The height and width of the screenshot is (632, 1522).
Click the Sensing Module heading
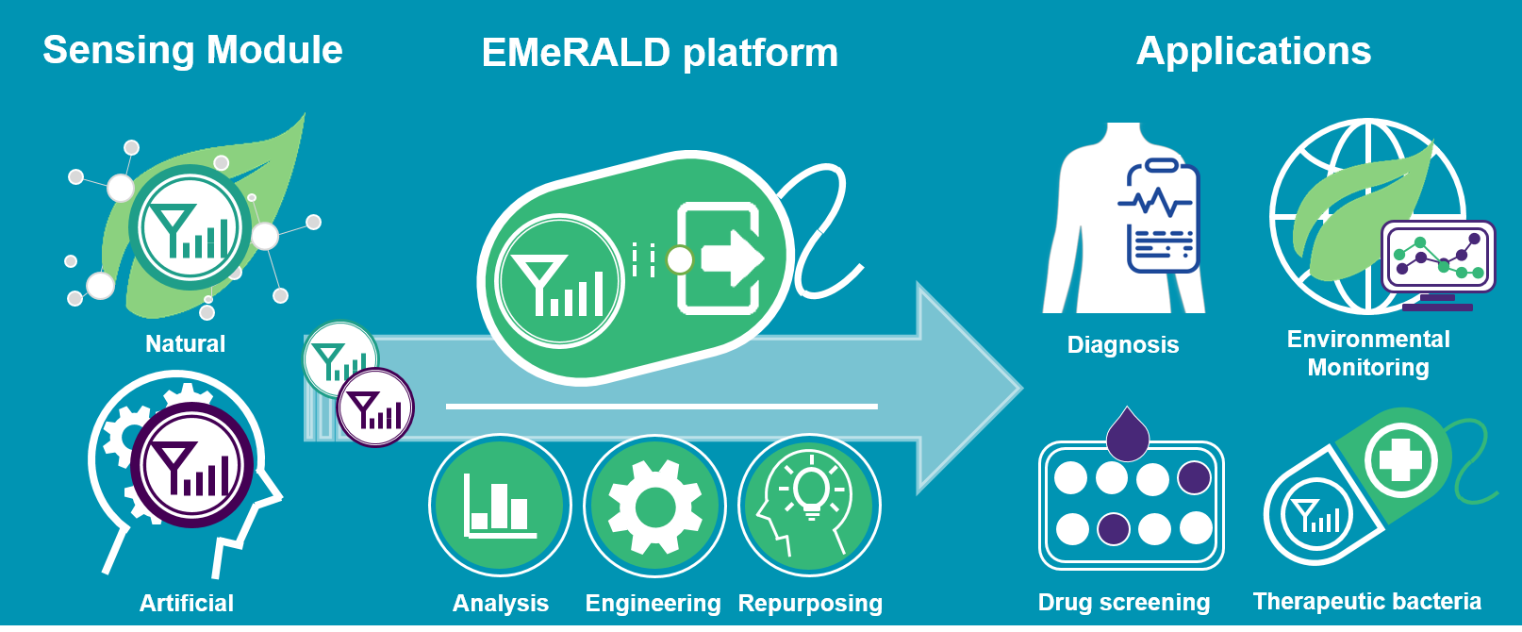(192, 50)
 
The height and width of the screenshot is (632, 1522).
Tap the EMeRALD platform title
(659, 53)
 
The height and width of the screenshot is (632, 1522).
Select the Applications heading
(1253, 51)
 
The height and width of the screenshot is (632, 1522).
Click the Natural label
(185, 343)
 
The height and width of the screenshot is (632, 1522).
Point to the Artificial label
(186, 603)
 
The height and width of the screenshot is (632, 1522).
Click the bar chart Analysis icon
(500, 506)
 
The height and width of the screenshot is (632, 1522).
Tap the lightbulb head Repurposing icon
(809, 506)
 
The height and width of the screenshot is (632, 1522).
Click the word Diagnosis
(1122, 344)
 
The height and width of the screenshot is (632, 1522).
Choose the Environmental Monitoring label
(1368, 353)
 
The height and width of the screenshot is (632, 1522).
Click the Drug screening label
(1123, 602)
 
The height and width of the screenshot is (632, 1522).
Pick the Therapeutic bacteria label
(1366, 601)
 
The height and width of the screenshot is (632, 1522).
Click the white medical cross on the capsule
(1399, 461)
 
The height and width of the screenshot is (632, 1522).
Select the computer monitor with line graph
(1438, 258)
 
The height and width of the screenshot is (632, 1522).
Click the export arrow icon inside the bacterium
(720, 258)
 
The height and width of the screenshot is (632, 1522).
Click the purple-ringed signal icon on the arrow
(375, 407)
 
